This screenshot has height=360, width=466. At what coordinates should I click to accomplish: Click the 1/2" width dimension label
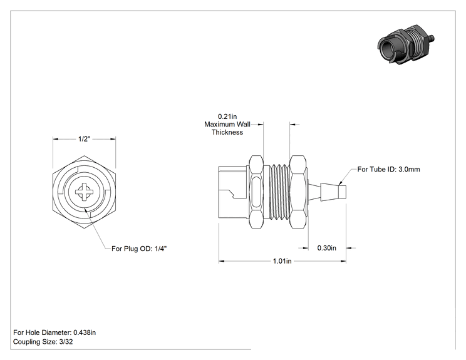[84, 139]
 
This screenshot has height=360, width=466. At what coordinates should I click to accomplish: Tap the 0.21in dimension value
[227, 116]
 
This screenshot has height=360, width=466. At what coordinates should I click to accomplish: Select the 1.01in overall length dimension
[282, 261]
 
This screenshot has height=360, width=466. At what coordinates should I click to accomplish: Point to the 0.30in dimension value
[326, 248]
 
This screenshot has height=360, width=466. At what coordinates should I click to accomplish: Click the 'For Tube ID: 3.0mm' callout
[389, 169]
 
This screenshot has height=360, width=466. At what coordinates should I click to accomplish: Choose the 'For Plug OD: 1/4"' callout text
[139, 249]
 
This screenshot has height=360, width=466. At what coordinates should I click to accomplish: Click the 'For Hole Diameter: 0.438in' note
[54, 332]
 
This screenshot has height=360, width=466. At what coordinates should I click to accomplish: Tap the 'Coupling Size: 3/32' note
[43, 342]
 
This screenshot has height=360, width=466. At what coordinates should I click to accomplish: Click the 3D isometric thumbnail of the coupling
[406, 44]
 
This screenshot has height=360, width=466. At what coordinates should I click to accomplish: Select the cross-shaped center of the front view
[84, 192]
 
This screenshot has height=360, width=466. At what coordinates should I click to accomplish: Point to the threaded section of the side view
[279, 192]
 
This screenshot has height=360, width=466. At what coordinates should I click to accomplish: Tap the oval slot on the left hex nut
[256, 192]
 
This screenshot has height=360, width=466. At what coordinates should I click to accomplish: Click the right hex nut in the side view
[298, 192]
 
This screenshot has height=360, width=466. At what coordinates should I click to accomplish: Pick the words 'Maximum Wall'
[227, 124]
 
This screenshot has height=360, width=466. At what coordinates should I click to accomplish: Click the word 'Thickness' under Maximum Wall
[227, 132]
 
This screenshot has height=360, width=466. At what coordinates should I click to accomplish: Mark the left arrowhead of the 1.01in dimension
[221, 261]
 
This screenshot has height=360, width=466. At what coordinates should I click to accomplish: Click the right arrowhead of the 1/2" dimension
[113, 139]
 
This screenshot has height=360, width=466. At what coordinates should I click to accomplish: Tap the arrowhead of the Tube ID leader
[341, 182]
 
